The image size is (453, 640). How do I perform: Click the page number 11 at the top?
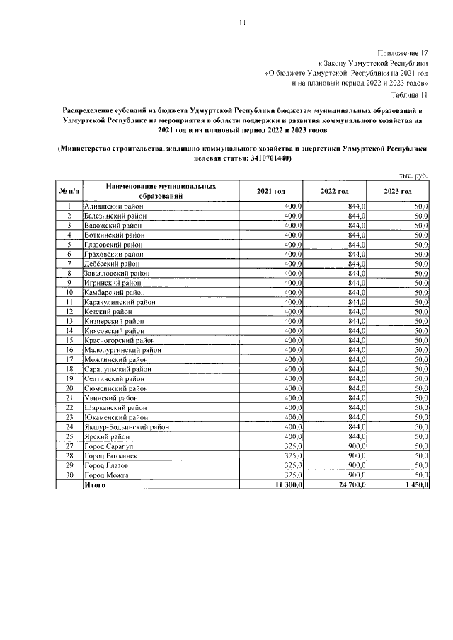pos(241,23)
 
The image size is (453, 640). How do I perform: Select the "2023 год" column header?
pos(398,192)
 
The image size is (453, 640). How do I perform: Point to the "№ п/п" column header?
pos(69,192)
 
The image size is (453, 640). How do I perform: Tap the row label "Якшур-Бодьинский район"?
pos(127,426)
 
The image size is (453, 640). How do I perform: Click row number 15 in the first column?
pos(69,340)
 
